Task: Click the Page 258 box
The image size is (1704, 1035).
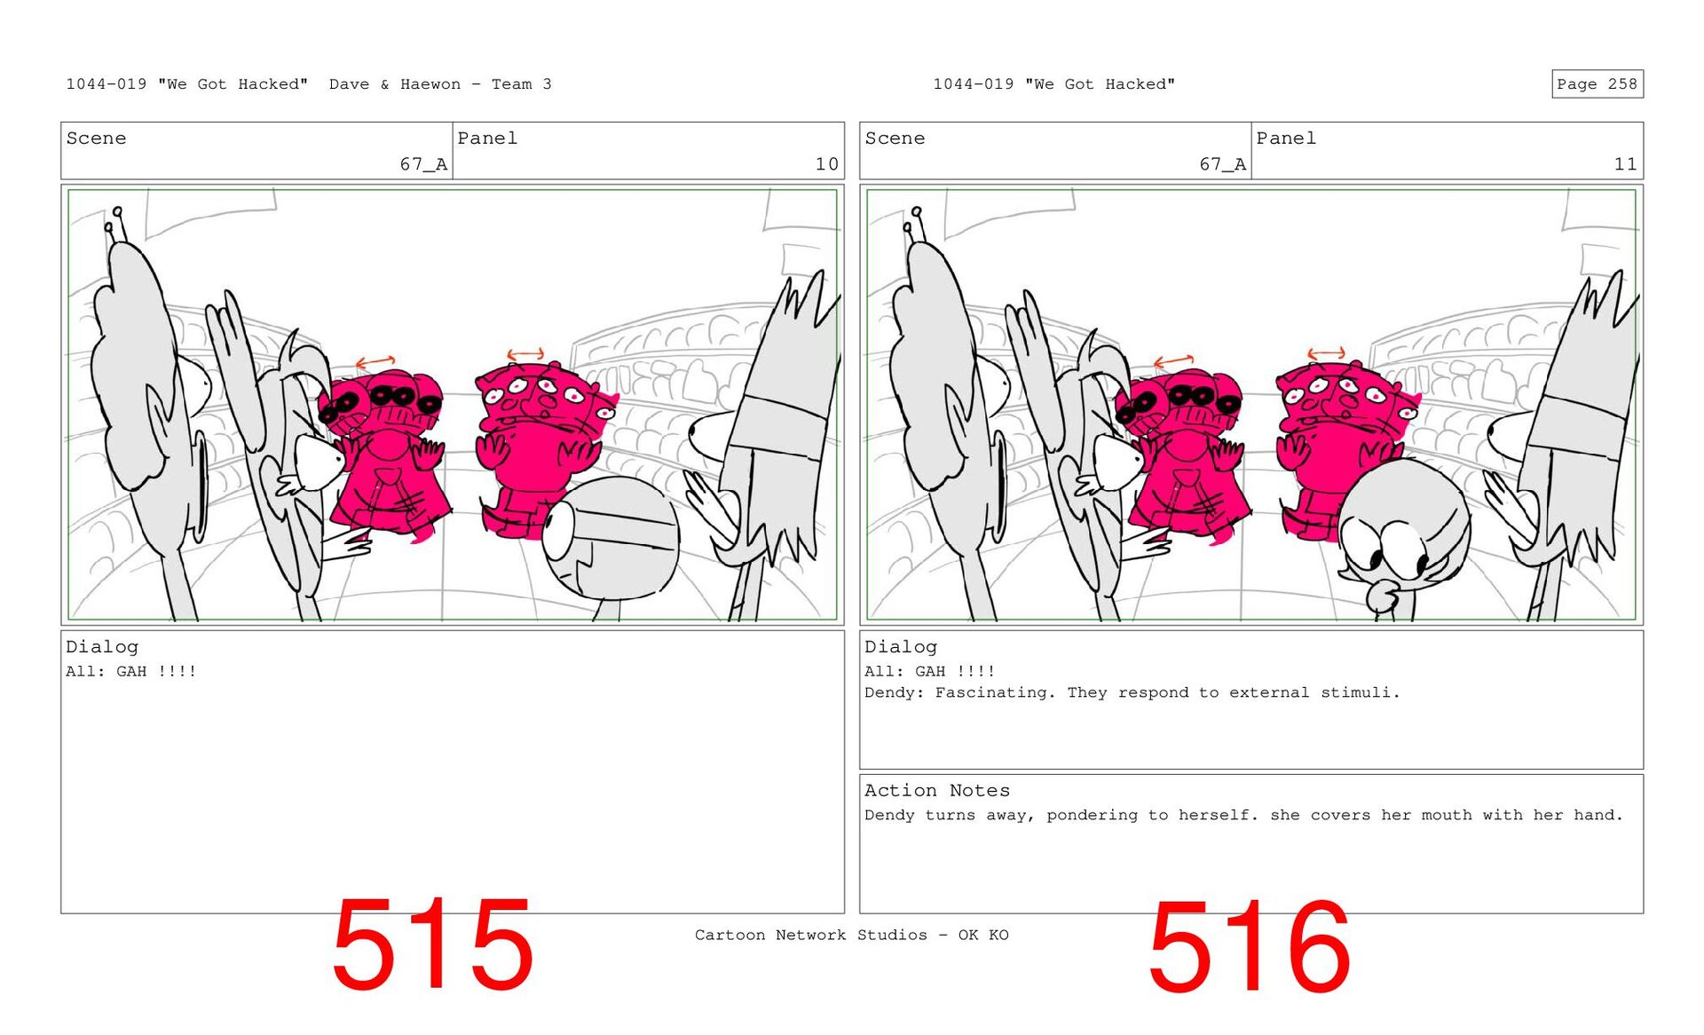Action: click(1597, 83)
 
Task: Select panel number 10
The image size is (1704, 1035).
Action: click(826, 164)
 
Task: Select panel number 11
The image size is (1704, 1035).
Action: click(1625, 164)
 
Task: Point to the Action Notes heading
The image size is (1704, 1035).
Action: click(936, 790)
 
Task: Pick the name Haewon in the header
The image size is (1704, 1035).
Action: click(430, 84)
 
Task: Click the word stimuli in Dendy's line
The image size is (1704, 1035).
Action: click(1360, 692)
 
